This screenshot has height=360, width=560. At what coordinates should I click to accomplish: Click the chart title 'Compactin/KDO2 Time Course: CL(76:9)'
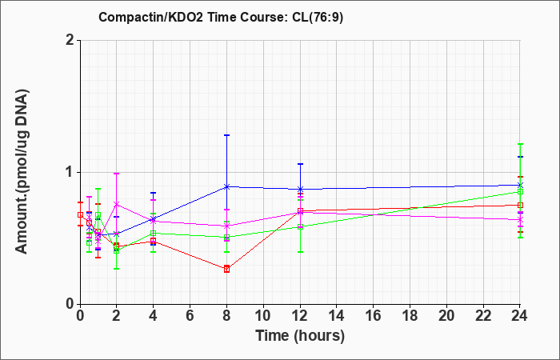pyautogui.click(x=221, y=17)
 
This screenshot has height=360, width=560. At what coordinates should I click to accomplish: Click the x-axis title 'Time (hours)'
pyautogui.click(x=300, y=336)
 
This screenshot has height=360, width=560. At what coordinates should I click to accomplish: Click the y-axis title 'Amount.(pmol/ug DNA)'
pyautogui.click(x=22, y=172)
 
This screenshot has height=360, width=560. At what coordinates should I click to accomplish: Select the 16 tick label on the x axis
pyautogui.click(x=374, y=316)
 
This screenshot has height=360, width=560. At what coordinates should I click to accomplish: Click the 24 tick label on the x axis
pyautogui.click(x=520, y=316)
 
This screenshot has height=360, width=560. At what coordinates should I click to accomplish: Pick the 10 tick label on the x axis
pyautogui.click(x=263, y=316)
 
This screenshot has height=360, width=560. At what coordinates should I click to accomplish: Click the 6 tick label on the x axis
pyautogui.click(x=190, y=316)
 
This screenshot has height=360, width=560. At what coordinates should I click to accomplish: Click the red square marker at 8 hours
pyautogui.click(x=226, y=270)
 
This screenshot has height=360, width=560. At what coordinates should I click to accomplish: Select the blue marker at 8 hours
pyautogui.click(x=226, y=186)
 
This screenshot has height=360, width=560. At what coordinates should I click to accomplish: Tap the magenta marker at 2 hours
pyautogui.click(x=117, y=204)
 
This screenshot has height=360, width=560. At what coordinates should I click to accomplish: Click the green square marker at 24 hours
pyautogui.click(x=520, y=192)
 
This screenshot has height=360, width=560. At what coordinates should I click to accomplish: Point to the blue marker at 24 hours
pyautogui.click(x=520, y=185)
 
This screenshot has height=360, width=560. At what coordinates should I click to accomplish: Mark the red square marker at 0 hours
pyautogui.click(x=80, y=214)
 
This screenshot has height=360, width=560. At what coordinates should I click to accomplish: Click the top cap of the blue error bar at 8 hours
pyautogui.click(x=226, y=135)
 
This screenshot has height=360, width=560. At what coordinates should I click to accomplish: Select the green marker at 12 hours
pyautogui.click(x=300, y=226)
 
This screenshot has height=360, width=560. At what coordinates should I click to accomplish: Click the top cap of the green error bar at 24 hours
pyautogui.click(x=520, y=144)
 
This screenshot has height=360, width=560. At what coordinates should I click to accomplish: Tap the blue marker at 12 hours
pyautogui.click(x=300, y=189)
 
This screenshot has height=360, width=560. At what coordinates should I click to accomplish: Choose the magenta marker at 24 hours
pyautogui.click(x=520, y=220)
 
